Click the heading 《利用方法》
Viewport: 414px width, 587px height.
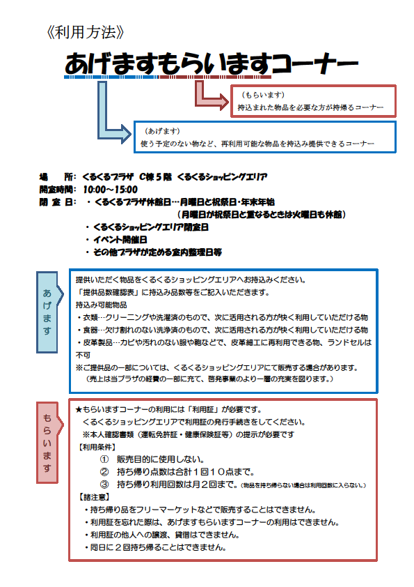pos(85,32)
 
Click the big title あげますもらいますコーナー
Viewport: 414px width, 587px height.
pos(212,63)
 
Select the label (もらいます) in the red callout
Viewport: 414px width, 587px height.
pos(263,95)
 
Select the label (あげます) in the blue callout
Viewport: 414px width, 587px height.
pos(162,131)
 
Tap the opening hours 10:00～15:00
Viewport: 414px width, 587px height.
pos(110,190)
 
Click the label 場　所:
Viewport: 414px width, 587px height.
pos(58,176)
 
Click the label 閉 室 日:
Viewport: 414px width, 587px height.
pos(58,202)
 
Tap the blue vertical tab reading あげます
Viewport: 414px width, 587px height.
pos(48,312)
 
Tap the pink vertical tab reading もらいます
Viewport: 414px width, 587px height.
pos(48,443)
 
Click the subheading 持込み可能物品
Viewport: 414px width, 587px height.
pos(102,305)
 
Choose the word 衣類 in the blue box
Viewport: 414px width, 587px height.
pos(90,317)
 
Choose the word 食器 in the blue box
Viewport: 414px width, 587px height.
pos(90,330)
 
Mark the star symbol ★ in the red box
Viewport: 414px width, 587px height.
pos(79,409)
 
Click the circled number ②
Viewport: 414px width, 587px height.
pos(104,472)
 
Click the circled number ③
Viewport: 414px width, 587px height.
pos(104,485)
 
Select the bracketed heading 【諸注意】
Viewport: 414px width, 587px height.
pos(94,497)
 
